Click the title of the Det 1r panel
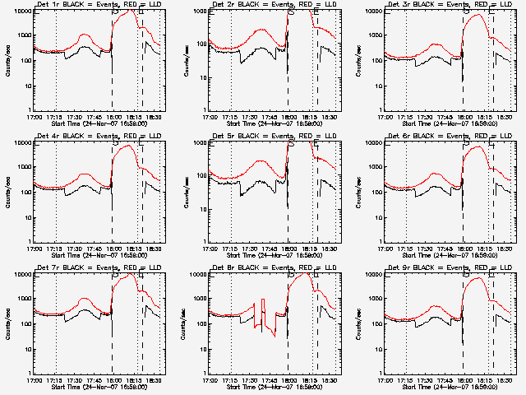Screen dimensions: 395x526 point(96,5)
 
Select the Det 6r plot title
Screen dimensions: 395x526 point(448,137)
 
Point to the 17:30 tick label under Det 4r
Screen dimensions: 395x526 point(75,248)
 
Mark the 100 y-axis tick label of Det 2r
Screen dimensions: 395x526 point(201,61)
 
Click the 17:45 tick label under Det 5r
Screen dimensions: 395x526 point(269,248)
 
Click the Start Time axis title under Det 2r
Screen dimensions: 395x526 point(273,123)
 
